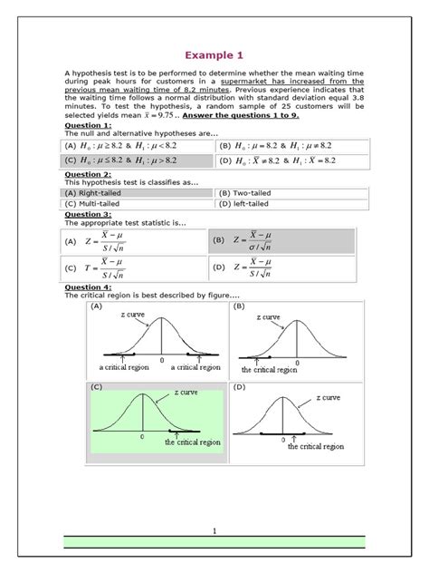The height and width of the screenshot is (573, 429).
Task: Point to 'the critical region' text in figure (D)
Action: point(316,446)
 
